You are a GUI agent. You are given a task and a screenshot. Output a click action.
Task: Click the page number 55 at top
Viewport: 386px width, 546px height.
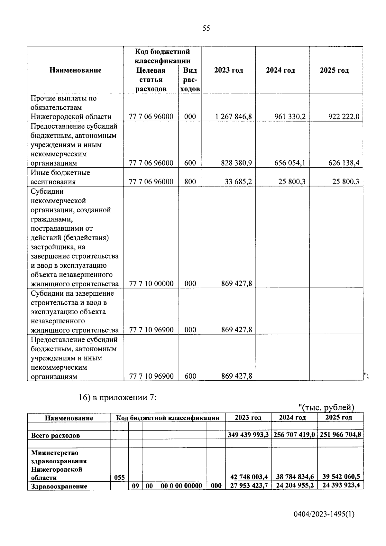click(x=206, y=28)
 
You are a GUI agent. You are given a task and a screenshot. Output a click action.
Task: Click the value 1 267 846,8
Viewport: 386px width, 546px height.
click(x=234, y=116)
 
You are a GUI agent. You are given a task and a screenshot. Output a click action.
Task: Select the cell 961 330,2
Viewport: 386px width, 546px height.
click(x=290, y=116)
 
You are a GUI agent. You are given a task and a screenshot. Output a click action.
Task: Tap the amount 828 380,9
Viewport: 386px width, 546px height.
click(x=236, y=163)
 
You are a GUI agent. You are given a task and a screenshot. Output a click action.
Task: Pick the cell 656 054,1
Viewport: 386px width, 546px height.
click(x=290, y=163)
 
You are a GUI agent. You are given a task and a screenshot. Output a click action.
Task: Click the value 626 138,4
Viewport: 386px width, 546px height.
click(x=344, y=163)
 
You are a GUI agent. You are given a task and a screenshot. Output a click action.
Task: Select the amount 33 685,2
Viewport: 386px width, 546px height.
click(x=238, y=182)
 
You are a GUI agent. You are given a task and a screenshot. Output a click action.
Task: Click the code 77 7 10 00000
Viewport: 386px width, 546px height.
click(x=151, y=283)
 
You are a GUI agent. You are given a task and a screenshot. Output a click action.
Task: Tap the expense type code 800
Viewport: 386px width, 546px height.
click(x=190, y=182)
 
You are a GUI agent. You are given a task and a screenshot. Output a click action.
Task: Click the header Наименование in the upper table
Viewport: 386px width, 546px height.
click(x=76, y=70)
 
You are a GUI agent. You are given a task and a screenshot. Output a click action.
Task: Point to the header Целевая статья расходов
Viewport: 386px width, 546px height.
click(x=151, y=79)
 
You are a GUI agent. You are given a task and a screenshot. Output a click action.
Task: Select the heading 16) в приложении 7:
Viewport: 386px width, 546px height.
click(x=118, y=397)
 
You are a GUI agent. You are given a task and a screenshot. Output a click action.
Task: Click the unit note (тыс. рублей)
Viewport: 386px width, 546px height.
click(x=326, y=408)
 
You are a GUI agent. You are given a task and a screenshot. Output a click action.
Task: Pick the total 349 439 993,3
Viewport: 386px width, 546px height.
click(x=248, y=435)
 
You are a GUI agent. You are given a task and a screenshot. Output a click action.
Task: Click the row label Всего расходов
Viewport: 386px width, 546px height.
click(x=55, y=435)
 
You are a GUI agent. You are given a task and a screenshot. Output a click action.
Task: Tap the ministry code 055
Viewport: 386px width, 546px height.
click(x=119, y=477)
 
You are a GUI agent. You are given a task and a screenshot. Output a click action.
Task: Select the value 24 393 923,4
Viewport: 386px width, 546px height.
click(x=341, y=485)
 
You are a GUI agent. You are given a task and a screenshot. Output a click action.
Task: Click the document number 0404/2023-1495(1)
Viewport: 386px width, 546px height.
click(x=324, y=514)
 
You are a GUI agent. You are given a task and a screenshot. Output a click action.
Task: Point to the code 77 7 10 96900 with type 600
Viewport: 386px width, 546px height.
click(x=151, y=376)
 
